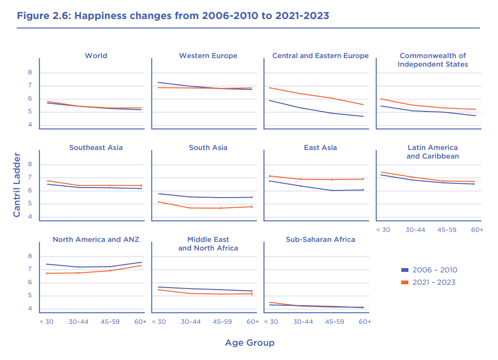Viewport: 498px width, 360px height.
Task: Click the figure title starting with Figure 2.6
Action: tap(173, 16)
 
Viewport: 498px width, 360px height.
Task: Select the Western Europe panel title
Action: tap(208, 56)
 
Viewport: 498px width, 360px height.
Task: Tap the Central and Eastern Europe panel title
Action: tap(320, 56)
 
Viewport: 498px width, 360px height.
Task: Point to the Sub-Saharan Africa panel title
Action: tap(320, 240)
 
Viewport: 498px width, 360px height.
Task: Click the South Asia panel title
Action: tap(208, 148)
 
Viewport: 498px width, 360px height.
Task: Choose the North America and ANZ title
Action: tap(96, 240)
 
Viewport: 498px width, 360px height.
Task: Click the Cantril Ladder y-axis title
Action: tap(17, 185)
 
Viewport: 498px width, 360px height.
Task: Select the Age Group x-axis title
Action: tap(250, 343)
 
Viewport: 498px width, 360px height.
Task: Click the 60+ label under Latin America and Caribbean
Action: tap(477, 230)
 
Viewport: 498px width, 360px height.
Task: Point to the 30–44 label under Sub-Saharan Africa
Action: tap(303, 321)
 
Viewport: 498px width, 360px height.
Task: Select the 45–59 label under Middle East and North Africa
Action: tap(222, 321)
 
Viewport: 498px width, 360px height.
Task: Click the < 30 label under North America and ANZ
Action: tap(46, 321)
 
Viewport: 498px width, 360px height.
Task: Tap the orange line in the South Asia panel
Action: tap(191, 208)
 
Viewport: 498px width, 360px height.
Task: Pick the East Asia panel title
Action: tap(320, 148)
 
